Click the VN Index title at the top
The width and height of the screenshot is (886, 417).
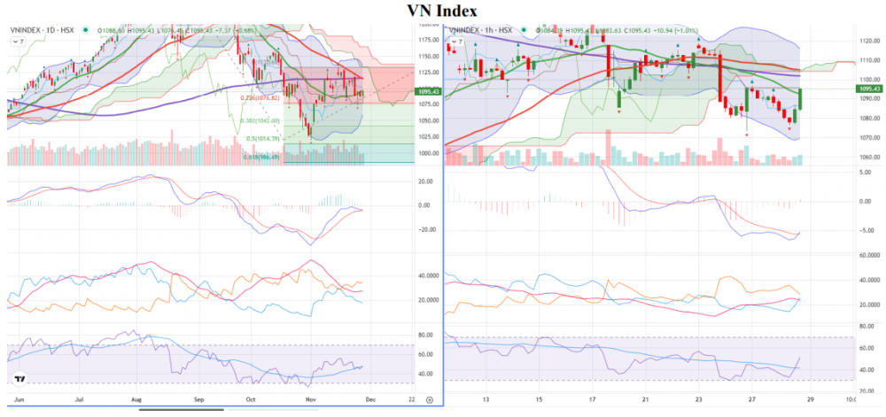point(443,11)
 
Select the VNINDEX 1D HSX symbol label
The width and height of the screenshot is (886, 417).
point(43,31)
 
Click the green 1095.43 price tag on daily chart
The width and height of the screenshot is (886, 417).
point(429,90)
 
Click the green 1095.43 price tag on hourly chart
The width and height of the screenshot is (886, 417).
point(867,89)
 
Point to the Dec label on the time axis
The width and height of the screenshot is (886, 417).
point(370,399)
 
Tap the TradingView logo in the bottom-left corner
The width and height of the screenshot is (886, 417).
point(19,380)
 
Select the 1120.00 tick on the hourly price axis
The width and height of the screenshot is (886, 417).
point(867,41)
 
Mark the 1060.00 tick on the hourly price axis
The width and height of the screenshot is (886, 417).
point(867,158)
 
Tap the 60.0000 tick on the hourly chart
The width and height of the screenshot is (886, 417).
point(867,254)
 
